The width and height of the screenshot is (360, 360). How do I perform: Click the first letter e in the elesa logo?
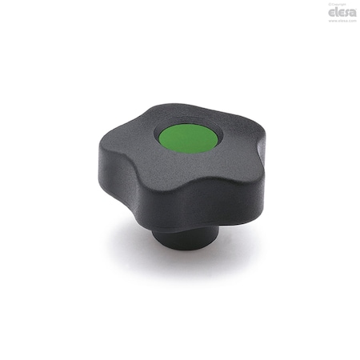331,12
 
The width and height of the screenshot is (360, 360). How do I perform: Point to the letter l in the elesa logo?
336,11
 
